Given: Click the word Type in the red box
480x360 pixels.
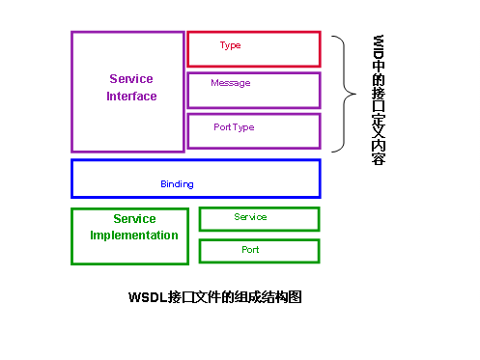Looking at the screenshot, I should tap(230, 45).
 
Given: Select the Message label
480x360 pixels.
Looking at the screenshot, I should tap(230, 83).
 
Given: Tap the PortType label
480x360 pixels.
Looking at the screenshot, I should tap(234, 126).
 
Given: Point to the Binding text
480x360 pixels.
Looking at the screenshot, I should tap(177, 183).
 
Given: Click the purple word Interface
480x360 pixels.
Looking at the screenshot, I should tap(131, 97).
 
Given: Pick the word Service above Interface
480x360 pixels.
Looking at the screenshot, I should tap(131, 79).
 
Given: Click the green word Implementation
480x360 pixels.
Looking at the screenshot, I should tap(134, 235).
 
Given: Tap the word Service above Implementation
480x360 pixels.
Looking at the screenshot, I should tap(134, 219).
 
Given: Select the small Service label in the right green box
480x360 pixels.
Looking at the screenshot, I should tap(250, 217).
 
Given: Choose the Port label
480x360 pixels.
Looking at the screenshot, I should tap(250, 250).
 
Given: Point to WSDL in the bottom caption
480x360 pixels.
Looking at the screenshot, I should tap(147, 297).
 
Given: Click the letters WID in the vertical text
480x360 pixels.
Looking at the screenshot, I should tap(379, 50).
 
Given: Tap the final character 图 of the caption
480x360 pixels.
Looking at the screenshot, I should tap(296, 297).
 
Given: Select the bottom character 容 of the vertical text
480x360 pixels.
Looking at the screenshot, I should tap(379, 157).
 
